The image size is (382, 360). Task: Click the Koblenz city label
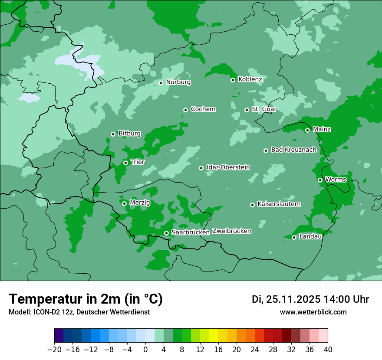tap(250, 79)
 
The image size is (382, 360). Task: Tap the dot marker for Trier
tap(125, 163)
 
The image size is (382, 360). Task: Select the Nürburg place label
tap(178, 82)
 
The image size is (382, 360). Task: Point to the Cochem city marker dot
tap(185, 110)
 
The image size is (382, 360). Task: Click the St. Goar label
tap(264, 109)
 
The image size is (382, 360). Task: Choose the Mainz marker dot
tap(307, 130)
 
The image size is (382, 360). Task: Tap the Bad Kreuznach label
tap(293, 150)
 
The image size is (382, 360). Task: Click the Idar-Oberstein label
tap(228, 167)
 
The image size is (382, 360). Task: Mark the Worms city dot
tap(320, 180)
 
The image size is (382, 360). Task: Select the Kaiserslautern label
tap(279, 204)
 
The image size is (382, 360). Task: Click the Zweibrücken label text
tap(231, 231)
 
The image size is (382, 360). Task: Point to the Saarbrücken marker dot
tap(166, 233)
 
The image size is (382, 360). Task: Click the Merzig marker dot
tap(124, 203)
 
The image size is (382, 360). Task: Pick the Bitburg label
tap(129, 134)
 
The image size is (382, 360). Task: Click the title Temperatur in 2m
tap(86, 299)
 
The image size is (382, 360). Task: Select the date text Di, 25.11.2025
tap(286, 299)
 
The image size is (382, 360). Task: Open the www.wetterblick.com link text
tap(313, 312)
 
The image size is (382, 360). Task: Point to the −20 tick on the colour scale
tap(55, 350)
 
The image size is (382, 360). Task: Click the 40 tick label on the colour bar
tap(327, 350)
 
